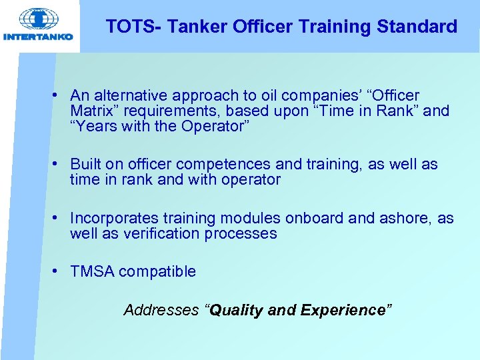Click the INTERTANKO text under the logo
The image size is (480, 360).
38,37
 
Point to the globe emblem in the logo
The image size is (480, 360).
38,19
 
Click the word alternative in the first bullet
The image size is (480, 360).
127,95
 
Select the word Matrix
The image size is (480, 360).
91,111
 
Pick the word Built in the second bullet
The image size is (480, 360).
85,164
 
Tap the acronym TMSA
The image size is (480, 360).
92,271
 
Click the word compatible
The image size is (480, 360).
157,271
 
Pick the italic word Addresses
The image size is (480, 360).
161,310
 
